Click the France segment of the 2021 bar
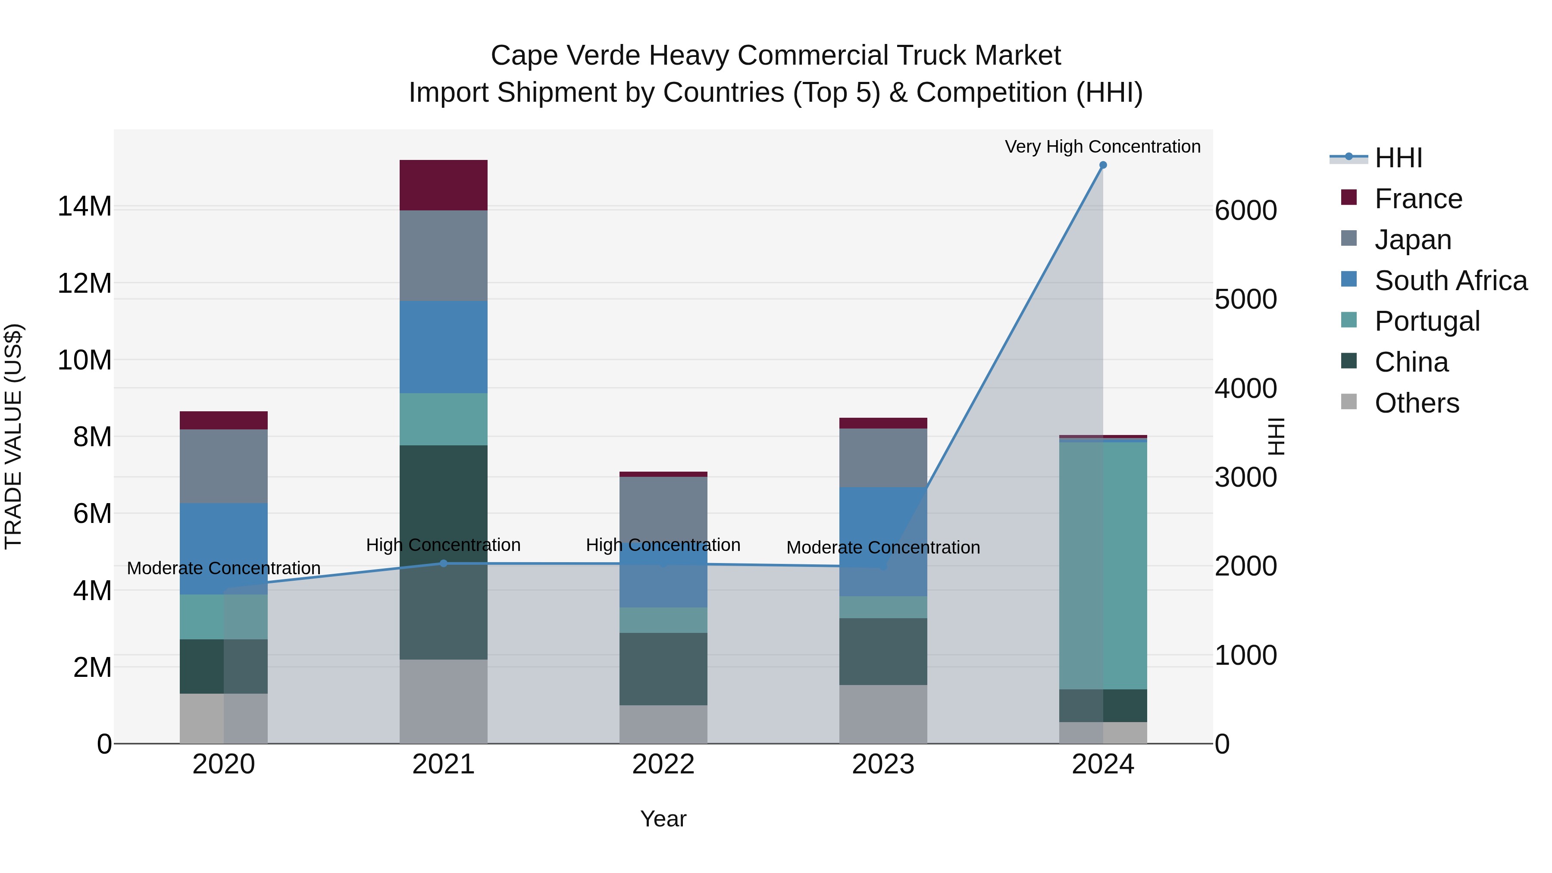(x=444, y=185)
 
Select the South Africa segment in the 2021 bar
(x=444, y=347)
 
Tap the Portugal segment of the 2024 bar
(x=1102, y=565)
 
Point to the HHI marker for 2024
(x=1102, y=165)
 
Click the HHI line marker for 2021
(x=444, y=563)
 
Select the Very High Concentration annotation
(x=1102, y=147)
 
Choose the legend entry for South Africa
(x=1450, y=281)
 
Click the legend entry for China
(x=1411, y=362)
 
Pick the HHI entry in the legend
(x=1398, y=158)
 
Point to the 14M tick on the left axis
(x=84, y=207)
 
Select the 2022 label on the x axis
(x=663, y=764)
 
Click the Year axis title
(x=663, y=819)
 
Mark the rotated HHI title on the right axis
(x=1276, y=436)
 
